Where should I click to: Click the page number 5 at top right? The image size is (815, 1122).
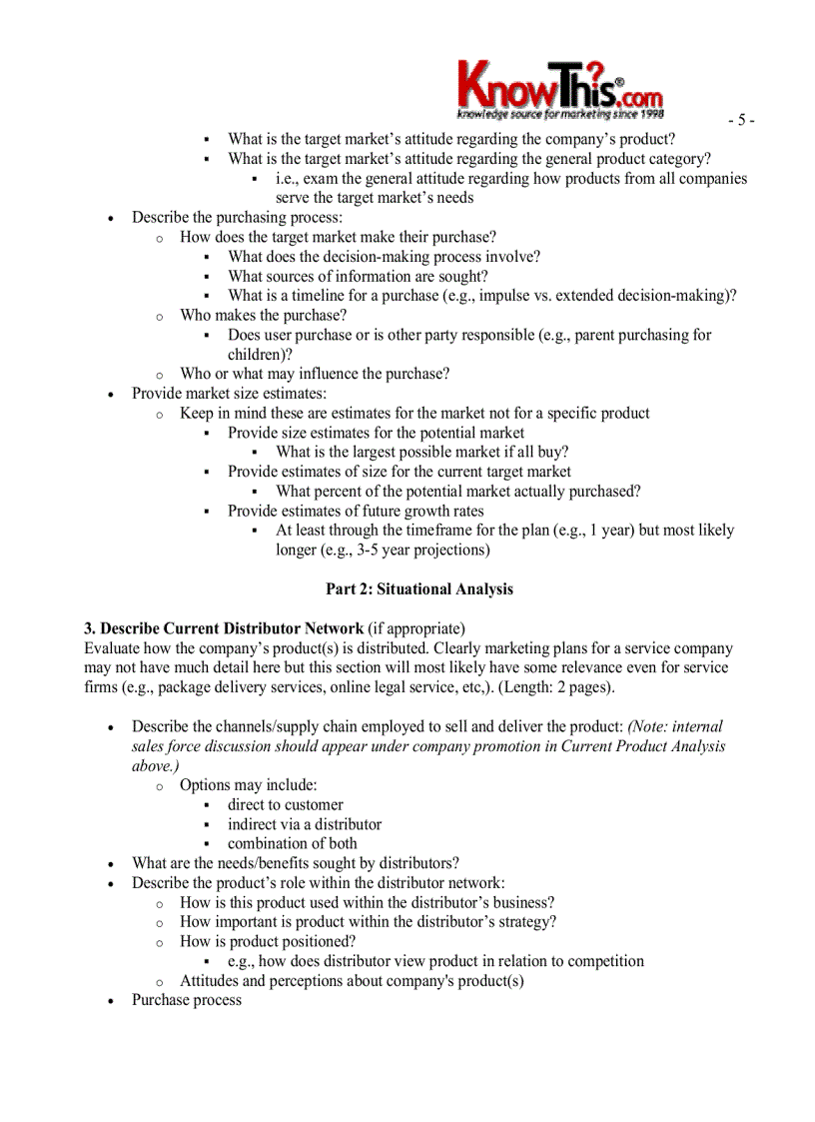740,121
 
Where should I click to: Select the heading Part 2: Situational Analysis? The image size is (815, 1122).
419,589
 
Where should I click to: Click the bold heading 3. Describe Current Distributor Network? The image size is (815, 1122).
224,628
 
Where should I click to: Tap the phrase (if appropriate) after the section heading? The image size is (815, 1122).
416,628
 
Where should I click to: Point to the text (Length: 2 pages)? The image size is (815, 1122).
560,687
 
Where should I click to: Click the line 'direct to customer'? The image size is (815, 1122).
285,805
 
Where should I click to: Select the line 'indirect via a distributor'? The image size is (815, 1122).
304,825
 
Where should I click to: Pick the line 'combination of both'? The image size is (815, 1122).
292,844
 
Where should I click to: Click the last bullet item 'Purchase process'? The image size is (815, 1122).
187,1000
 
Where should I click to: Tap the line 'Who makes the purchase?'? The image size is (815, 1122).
263,316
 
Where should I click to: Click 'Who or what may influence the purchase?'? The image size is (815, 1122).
314,375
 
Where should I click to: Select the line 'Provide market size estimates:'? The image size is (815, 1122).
229,394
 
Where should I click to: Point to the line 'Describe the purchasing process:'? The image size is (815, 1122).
237,218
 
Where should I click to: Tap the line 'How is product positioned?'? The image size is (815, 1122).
268,942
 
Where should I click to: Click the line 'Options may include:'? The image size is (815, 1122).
248,785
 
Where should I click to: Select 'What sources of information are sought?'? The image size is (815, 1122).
358,277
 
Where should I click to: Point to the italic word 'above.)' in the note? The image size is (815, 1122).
155,766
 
